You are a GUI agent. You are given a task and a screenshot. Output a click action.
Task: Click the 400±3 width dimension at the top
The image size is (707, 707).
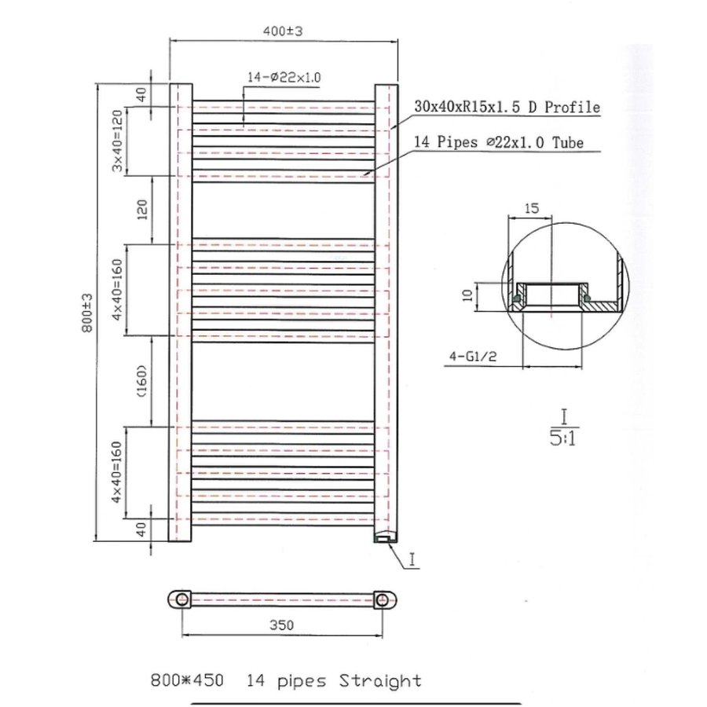tap(284, 30)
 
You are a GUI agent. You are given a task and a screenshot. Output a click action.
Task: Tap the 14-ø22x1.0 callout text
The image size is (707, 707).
tap(284, 77)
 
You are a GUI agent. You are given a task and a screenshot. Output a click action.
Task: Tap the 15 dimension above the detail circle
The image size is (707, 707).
tap(531, 208)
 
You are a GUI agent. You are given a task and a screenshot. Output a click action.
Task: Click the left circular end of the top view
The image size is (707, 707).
tap(182, 599)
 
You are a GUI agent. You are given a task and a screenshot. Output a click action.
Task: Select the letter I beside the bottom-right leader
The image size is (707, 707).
tap(414, 559)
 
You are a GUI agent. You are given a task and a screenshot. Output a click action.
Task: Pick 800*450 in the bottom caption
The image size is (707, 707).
tap(188, 680)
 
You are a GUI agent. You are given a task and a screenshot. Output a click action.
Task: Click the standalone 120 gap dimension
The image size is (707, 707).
tap(142, 210)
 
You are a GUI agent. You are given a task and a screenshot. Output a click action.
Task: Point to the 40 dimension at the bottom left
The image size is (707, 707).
tap(141, 529)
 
